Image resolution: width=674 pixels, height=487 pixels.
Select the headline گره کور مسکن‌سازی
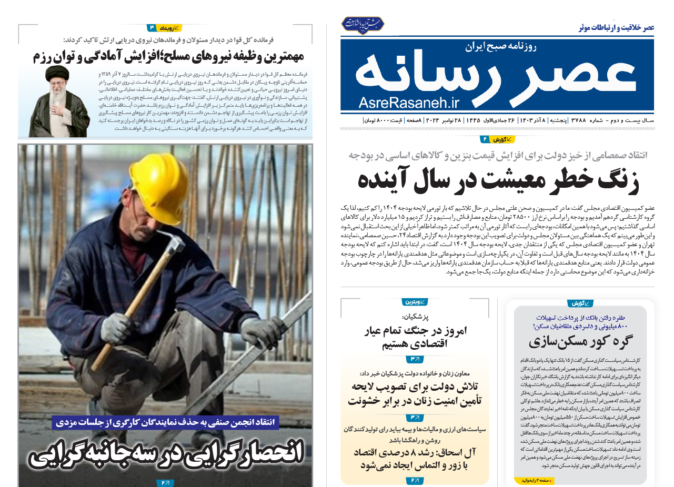pos(580,342)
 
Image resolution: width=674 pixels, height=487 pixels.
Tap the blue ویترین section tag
pos(415,302)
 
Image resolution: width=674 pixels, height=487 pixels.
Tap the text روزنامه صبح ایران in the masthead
pos(500,47)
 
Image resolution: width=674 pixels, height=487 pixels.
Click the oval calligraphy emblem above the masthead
pos(363,24)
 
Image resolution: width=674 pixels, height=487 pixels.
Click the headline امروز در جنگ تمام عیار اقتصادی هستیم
pos(416,338)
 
